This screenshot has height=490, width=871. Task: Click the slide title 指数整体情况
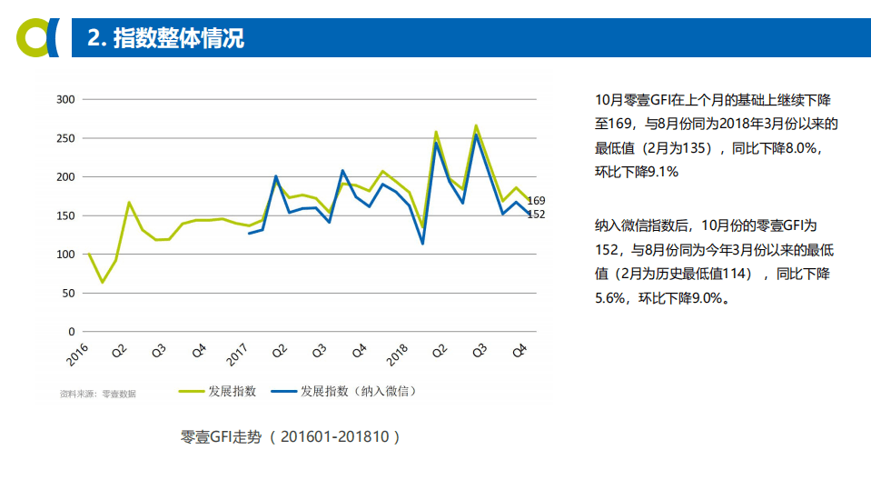[165, 38]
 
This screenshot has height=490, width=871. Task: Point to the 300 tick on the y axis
[64, 99]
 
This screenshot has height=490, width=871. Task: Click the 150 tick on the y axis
[64, 215]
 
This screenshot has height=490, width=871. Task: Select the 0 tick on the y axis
[71, 332]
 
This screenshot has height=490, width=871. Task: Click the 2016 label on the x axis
[78, 354]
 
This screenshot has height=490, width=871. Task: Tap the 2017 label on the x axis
[237, 354]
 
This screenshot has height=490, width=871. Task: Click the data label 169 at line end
[536, 200]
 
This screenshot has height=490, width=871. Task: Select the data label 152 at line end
[536, 214]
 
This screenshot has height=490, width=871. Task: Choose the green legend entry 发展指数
[218, 391]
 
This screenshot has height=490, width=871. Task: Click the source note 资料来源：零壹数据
[97, 394]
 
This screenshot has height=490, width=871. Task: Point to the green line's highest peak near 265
[476, 126]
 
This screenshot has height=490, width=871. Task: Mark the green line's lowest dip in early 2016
[102, 282]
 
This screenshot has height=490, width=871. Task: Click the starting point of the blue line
[249, 234]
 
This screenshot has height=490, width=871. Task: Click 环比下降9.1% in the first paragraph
[637, 171]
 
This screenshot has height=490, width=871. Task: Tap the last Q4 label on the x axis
[521, 350]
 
